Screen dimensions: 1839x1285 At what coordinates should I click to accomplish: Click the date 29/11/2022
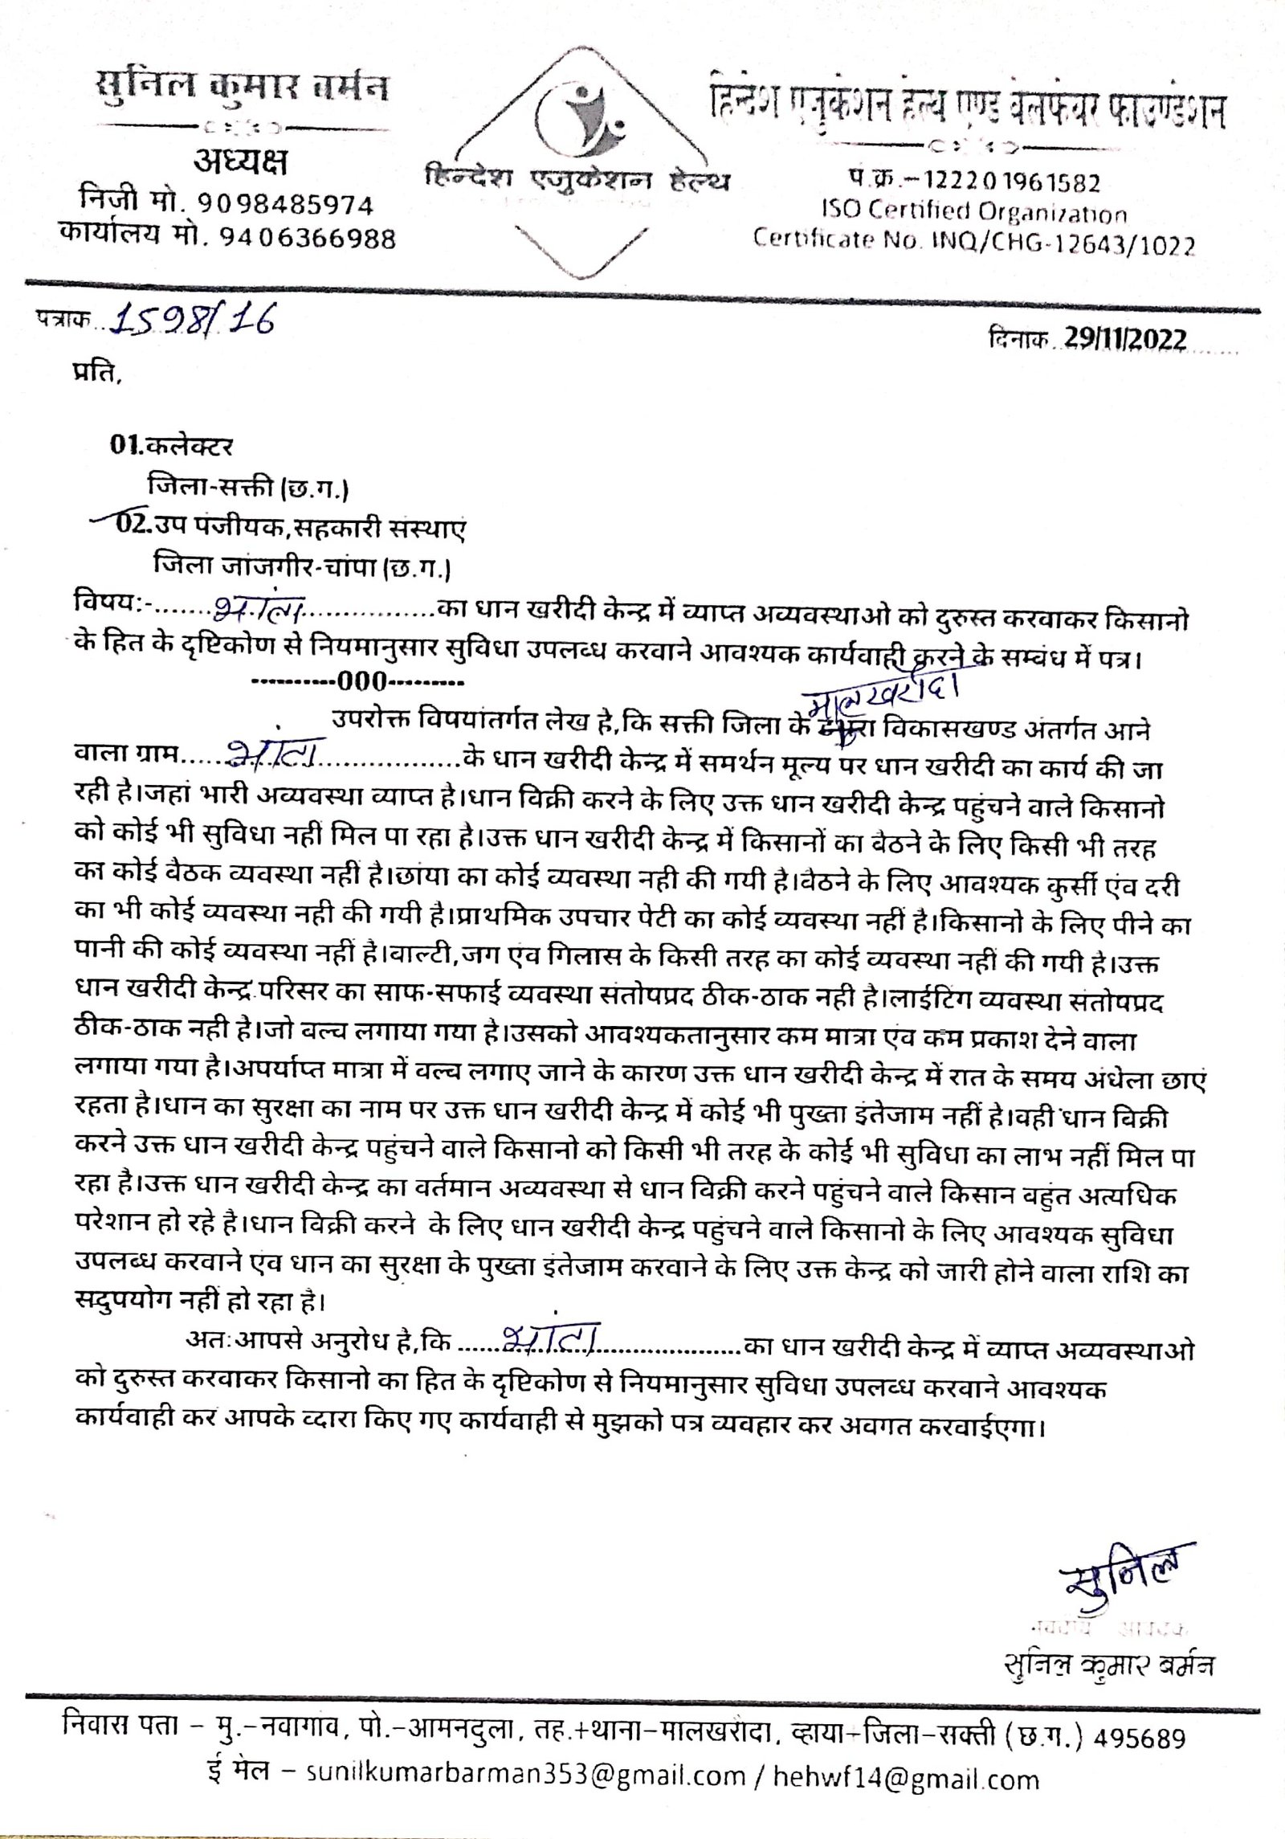point(1125,340)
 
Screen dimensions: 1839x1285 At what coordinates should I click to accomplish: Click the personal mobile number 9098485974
point(284,205)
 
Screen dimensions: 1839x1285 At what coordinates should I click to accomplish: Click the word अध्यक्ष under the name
point(239,163)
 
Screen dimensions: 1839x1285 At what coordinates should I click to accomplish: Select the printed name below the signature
point(1109,1664)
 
